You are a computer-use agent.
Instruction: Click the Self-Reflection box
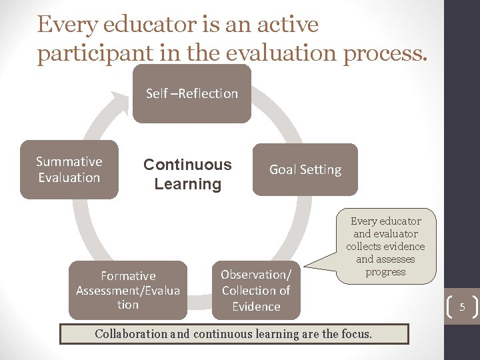(192, 94)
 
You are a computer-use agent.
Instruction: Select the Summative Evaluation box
(69, 169)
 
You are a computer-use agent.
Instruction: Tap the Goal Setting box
(305, 169)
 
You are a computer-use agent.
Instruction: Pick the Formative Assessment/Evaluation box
(128, 290)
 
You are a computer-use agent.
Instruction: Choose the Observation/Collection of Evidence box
(256, 290)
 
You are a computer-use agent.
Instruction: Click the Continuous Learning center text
(187, 174)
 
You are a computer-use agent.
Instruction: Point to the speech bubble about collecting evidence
(385, 246)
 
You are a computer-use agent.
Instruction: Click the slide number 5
(461, 307)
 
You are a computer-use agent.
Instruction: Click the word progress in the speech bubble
(385, 272)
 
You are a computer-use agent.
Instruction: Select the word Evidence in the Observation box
(256, 307)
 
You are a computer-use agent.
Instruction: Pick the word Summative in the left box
(69, 161)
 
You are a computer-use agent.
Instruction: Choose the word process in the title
(383, 53)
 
